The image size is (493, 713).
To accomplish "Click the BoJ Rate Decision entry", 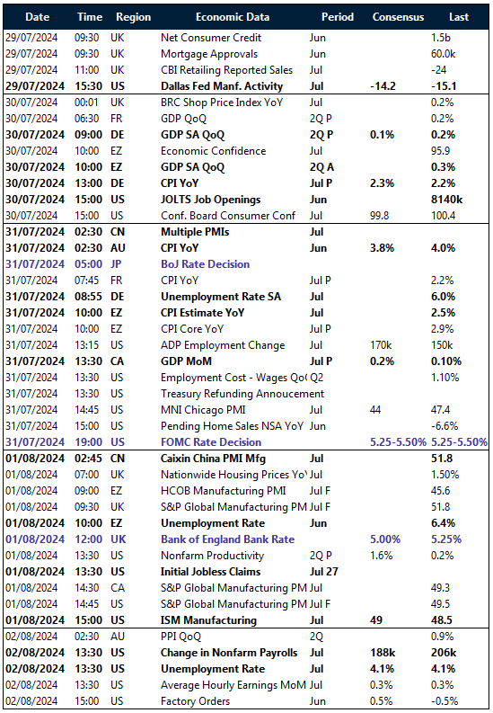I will (x=205, y=264).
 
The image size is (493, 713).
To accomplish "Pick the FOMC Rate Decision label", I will (x=211, y=441).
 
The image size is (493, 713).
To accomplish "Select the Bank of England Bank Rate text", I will (x=227, y=539).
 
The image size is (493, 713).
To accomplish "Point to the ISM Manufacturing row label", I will (x=208, y=619).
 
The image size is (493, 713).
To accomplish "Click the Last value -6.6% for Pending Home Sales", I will (x=446, y=425).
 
